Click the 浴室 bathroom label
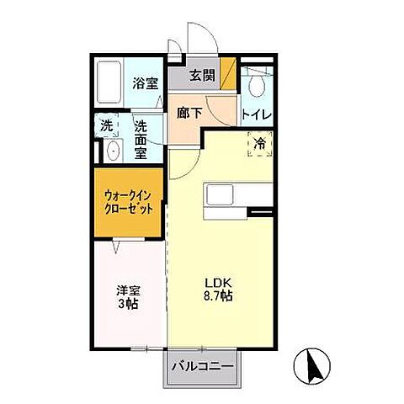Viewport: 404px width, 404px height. pyautogui.click(x=146, y=82)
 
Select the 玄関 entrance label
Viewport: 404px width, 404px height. pyautogui.click(x=202, y=75)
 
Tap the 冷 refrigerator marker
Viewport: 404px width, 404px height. pyautogui.click(x=261, y=144)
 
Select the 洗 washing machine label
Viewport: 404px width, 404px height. pyautogui.click(x=108, y=125)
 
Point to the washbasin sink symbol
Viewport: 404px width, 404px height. pyautogui.click(x=113, y=151)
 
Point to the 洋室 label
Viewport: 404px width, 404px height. pyautogui.click(x=127, y=290)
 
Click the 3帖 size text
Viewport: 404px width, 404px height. pyautogui.click(x=127, y=304)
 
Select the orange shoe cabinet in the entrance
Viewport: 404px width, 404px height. pyautogui.click(x=228, y=71)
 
